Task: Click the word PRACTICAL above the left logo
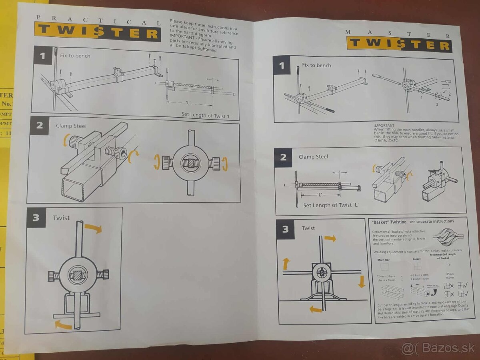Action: [x=98, y=20]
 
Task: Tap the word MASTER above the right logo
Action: [x=398, y=34]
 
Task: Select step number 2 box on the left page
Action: [x=39, y=126]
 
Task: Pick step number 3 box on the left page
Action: [x=36, y=218]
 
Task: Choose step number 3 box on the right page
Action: [x=286, y=229]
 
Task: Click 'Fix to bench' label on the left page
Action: [x=75, y=56]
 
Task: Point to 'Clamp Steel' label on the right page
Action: [x=313, y=157]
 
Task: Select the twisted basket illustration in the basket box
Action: [x=447, y=237]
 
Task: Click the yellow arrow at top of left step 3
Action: [x=93, y=228]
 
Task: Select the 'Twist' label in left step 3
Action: [x=61, y=218]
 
